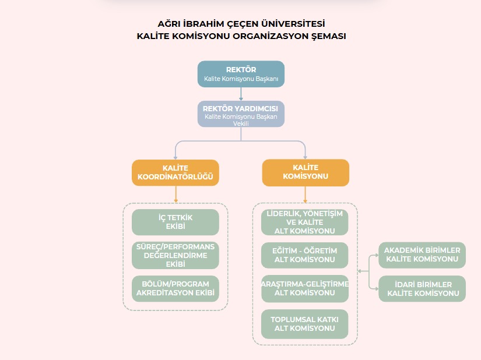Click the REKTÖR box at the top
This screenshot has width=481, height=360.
coord(241,74)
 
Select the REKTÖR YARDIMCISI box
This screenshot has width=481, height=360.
coord(241,114)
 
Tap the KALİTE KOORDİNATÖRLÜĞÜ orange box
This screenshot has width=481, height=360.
coord(175,172)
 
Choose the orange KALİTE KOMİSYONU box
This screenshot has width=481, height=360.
coord(306,172)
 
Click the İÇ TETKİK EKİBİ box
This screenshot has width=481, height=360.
coord(175,222)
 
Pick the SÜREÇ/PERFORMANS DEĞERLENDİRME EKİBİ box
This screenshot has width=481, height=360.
coord(175,256)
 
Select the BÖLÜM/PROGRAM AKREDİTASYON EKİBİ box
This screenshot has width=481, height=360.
coord(175,288)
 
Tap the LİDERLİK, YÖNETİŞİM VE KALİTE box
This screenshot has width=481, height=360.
coord(304,222)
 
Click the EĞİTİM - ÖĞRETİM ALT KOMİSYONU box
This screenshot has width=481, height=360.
coord(304,255)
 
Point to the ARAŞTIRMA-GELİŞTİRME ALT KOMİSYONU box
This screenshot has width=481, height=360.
coord(305,288)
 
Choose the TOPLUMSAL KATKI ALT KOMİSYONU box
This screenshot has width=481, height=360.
coord(304,324)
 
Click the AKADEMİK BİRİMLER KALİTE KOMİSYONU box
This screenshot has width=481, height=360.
coord(422,255)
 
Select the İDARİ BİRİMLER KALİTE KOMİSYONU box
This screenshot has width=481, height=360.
coord(422,288)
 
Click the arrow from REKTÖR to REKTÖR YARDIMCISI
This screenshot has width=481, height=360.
coord(241,94)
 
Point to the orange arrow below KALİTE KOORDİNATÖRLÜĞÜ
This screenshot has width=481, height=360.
coord(175,194)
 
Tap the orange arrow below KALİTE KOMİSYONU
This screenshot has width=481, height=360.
coord(305,195)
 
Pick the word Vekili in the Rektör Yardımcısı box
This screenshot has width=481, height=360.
coord(241,123)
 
